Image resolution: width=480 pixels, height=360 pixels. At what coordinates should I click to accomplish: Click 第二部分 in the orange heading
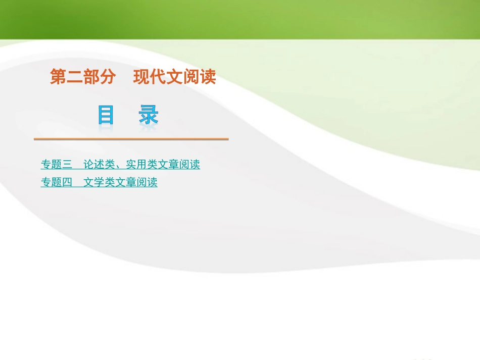(x=83, y=77)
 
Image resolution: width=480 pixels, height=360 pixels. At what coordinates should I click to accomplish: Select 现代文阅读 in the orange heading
(x=175, y=77)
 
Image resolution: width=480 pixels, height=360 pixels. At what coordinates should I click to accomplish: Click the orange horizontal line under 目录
(x=131, y=139)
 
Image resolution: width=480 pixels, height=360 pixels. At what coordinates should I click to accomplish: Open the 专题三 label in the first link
(x=57, y=164)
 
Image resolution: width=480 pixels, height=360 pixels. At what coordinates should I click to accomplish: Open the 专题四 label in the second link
(x=57, y=182)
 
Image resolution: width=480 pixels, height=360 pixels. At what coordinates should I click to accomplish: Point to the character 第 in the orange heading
(x=58, y=77)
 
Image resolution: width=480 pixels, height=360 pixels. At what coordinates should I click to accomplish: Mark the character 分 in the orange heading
(x=108, y=77)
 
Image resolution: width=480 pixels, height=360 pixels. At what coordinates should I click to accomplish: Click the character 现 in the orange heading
(x=141, y=77)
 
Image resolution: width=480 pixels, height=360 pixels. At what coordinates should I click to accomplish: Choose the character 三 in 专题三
(x=67, y=164)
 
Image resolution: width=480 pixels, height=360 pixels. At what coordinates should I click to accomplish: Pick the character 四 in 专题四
(x=67, y=182)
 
